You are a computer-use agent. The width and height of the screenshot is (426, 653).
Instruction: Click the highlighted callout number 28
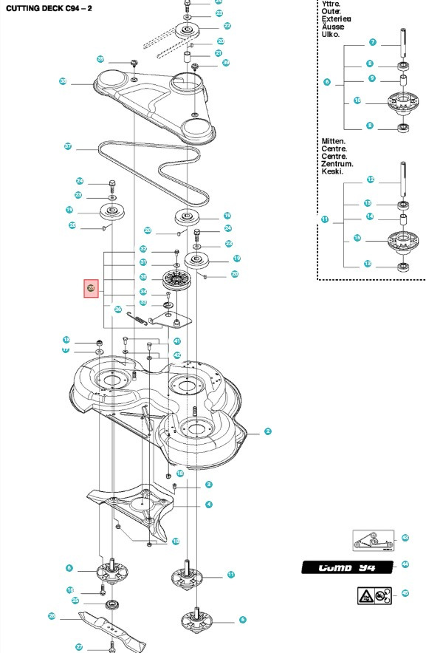[x=91, y=288]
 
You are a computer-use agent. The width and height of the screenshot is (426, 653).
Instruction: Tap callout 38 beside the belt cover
[x=63, y=81]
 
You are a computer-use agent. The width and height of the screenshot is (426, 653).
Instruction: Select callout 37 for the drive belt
[x=67, y=146]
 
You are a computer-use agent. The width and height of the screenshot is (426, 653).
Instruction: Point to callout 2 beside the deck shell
[x=267, y=431]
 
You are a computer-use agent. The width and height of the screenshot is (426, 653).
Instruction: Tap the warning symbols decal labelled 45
[x=371, y=593]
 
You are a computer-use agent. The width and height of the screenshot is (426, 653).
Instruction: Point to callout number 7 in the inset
[x=372, y=42]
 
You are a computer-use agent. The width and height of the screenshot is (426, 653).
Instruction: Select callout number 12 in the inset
[x=371, y=179]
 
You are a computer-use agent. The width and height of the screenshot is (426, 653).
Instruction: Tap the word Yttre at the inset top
[x=330, y=4]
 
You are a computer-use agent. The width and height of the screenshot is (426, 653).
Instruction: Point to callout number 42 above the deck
[x=177, y=355]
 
